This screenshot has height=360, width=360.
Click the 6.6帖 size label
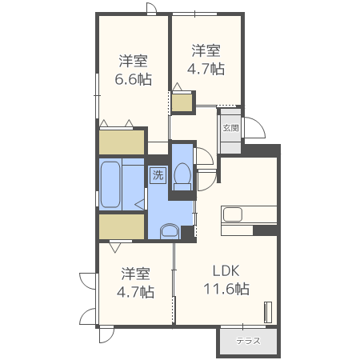(133, 79)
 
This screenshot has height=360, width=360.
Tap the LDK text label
(226, 270)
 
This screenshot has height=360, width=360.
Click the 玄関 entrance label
(230, 128)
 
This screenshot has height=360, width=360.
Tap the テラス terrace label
(248, 340)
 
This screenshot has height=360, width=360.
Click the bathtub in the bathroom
(110, 184)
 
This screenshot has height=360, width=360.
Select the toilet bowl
(182, 174)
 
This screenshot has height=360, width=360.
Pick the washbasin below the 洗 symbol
(170, 232)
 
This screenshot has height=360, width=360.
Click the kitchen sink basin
(233, 214)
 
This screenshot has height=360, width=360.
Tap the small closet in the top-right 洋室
(182, 103)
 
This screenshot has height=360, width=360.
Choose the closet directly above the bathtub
(121, 142)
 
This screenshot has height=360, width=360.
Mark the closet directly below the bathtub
(121, 226)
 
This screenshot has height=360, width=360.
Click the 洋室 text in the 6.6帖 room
(133, 61)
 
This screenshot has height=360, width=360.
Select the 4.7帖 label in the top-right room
(206, 68)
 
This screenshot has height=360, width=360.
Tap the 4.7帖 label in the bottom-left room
(136, 292)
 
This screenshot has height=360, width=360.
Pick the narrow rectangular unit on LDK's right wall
(269, 310)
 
